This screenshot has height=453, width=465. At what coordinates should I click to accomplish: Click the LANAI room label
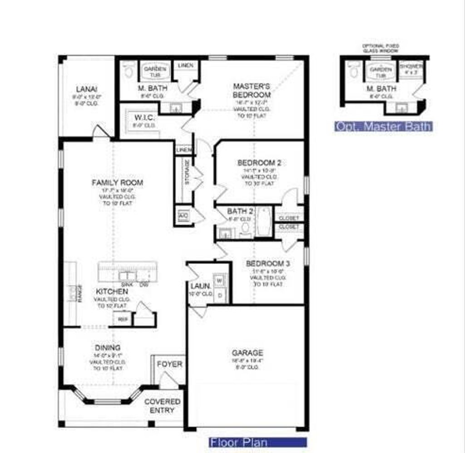tap(86, 89)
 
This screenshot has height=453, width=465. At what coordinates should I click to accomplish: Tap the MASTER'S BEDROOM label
tap(252, 90)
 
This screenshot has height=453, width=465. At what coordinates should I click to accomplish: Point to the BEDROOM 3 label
tap(268, 264)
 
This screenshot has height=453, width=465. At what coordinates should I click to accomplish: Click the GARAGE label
tap(247, 353)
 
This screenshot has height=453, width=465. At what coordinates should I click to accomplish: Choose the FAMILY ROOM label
tap(117, 183)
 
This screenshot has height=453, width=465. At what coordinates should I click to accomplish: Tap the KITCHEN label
tap(112, 291)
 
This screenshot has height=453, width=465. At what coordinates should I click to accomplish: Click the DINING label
tap(108, 348)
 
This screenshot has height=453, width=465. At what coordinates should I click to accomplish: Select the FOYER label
tap(169, 364)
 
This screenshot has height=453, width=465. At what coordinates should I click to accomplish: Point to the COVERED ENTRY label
tap(162, 406)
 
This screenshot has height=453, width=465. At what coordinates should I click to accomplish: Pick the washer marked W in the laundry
tap(220, 280)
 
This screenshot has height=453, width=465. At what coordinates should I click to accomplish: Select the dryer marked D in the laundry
tap(220, 295)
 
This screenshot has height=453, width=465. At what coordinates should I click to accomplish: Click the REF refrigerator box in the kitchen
tap(122, 319)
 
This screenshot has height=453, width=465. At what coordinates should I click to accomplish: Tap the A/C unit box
tap(183, 215)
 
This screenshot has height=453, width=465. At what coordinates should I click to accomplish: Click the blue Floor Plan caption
tap(258, 442)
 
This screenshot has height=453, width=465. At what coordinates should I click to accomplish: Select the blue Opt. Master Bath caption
tap(383, 126)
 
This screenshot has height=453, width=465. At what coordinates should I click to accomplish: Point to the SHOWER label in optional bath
tap(412, 68)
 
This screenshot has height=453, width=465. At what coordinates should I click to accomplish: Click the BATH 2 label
tap(240, 211)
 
